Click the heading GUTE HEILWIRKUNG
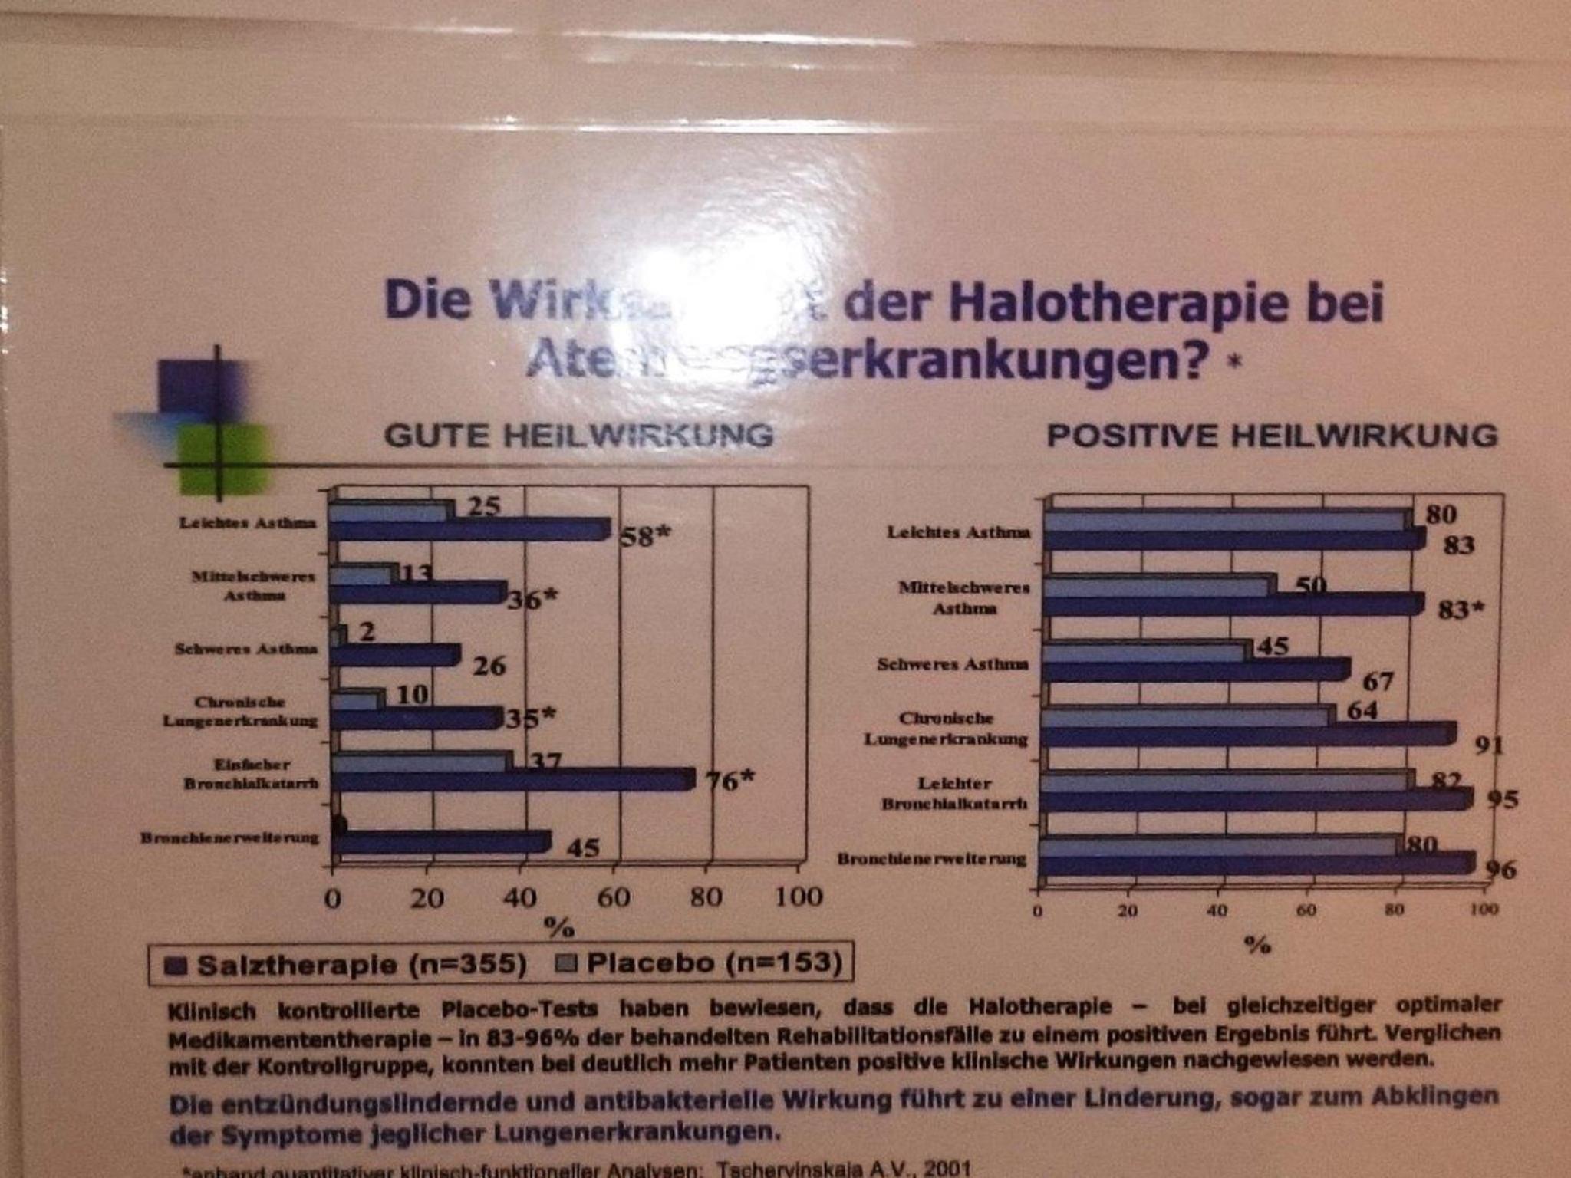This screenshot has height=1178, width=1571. [578, 435]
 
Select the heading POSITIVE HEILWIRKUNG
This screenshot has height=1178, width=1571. [1272, 435]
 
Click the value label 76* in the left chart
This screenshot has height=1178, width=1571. [729, 781]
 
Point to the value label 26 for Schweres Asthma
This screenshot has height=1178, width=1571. [489, 666]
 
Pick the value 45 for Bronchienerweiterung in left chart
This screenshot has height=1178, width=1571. [583, 848]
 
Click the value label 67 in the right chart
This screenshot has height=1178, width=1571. [1378, 681]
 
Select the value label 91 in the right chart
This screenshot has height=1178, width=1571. [1489, 745]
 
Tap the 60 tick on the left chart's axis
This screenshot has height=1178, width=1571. [614, 897]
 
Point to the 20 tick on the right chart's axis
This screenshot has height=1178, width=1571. [1127, 911]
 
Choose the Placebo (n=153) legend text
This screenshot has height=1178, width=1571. [713, 962]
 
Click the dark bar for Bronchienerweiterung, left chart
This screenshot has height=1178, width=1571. [441, 841]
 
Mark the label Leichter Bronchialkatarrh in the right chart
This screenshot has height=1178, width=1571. [954, 793]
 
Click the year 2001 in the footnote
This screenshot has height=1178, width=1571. [948, 1170]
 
